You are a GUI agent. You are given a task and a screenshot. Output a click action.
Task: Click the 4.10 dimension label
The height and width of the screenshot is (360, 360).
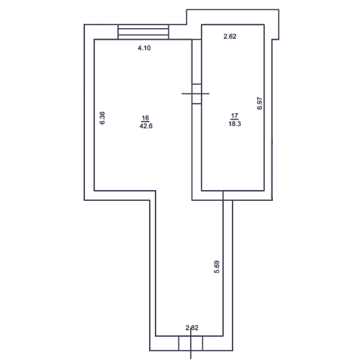pos(144,48)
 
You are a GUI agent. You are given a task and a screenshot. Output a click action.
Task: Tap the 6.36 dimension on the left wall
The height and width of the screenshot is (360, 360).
pos(102,118)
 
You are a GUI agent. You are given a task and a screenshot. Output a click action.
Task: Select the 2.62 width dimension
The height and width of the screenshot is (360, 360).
pos(230,37)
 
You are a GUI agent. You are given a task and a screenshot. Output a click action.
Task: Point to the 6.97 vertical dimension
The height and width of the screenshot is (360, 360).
pos(260,104)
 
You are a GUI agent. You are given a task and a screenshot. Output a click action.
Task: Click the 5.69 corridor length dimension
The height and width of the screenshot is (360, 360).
pos(217,267)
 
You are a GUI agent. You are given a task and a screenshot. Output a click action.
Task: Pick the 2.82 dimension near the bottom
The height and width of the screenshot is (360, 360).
pos(192,328)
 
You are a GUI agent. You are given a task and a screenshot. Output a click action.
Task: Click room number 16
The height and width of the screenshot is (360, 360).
pos(145,118)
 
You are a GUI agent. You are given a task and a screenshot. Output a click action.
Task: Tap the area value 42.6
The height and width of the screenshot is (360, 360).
pos(146,126)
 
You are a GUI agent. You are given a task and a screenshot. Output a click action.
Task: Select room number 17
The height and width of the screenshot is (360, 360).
pos(235,116)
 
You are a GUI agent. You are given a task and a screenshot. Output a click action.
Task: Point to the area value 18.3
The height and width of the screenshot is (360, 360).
pos(235,124)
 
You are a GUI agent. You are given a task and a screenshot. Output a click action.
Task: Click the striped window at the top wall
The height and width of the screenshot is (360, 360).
pos(143,32)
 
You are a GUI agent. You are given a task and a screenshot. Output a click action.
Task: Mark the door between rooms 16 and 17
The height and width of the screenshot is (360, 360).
pos(197,94)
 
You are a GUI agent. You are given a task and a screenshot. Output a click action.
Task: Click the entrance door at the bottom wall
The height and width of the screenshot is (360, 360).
pos(191,343)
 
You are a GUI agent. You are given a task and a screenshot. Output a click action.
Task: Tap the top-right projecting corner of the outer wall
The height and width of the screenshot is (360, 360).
pos(279,9)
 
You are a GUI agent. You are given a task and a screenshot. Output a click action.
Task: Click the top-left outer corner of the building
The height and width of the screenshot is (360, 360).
pos(84,24)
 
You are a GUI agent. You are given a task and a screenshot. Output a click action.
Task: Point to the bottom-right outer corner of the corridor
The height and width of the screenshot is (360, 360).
pos(233,351)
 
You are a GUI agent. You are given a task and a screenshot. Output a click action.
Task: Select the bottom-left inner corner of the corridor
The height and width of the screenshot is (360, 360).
pos(156,336)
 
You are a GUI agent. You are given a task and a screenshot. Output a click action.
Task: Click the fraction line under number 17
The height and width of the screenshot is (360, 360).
pos(235,120)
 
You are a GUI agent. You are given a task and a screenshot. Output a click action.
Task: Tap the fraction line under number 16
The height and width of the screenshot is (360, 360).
pos(145,122)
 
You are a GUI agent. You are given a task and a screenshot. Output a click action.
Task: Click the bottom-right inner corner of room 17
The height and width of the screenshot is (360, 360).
pos(264,191)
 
